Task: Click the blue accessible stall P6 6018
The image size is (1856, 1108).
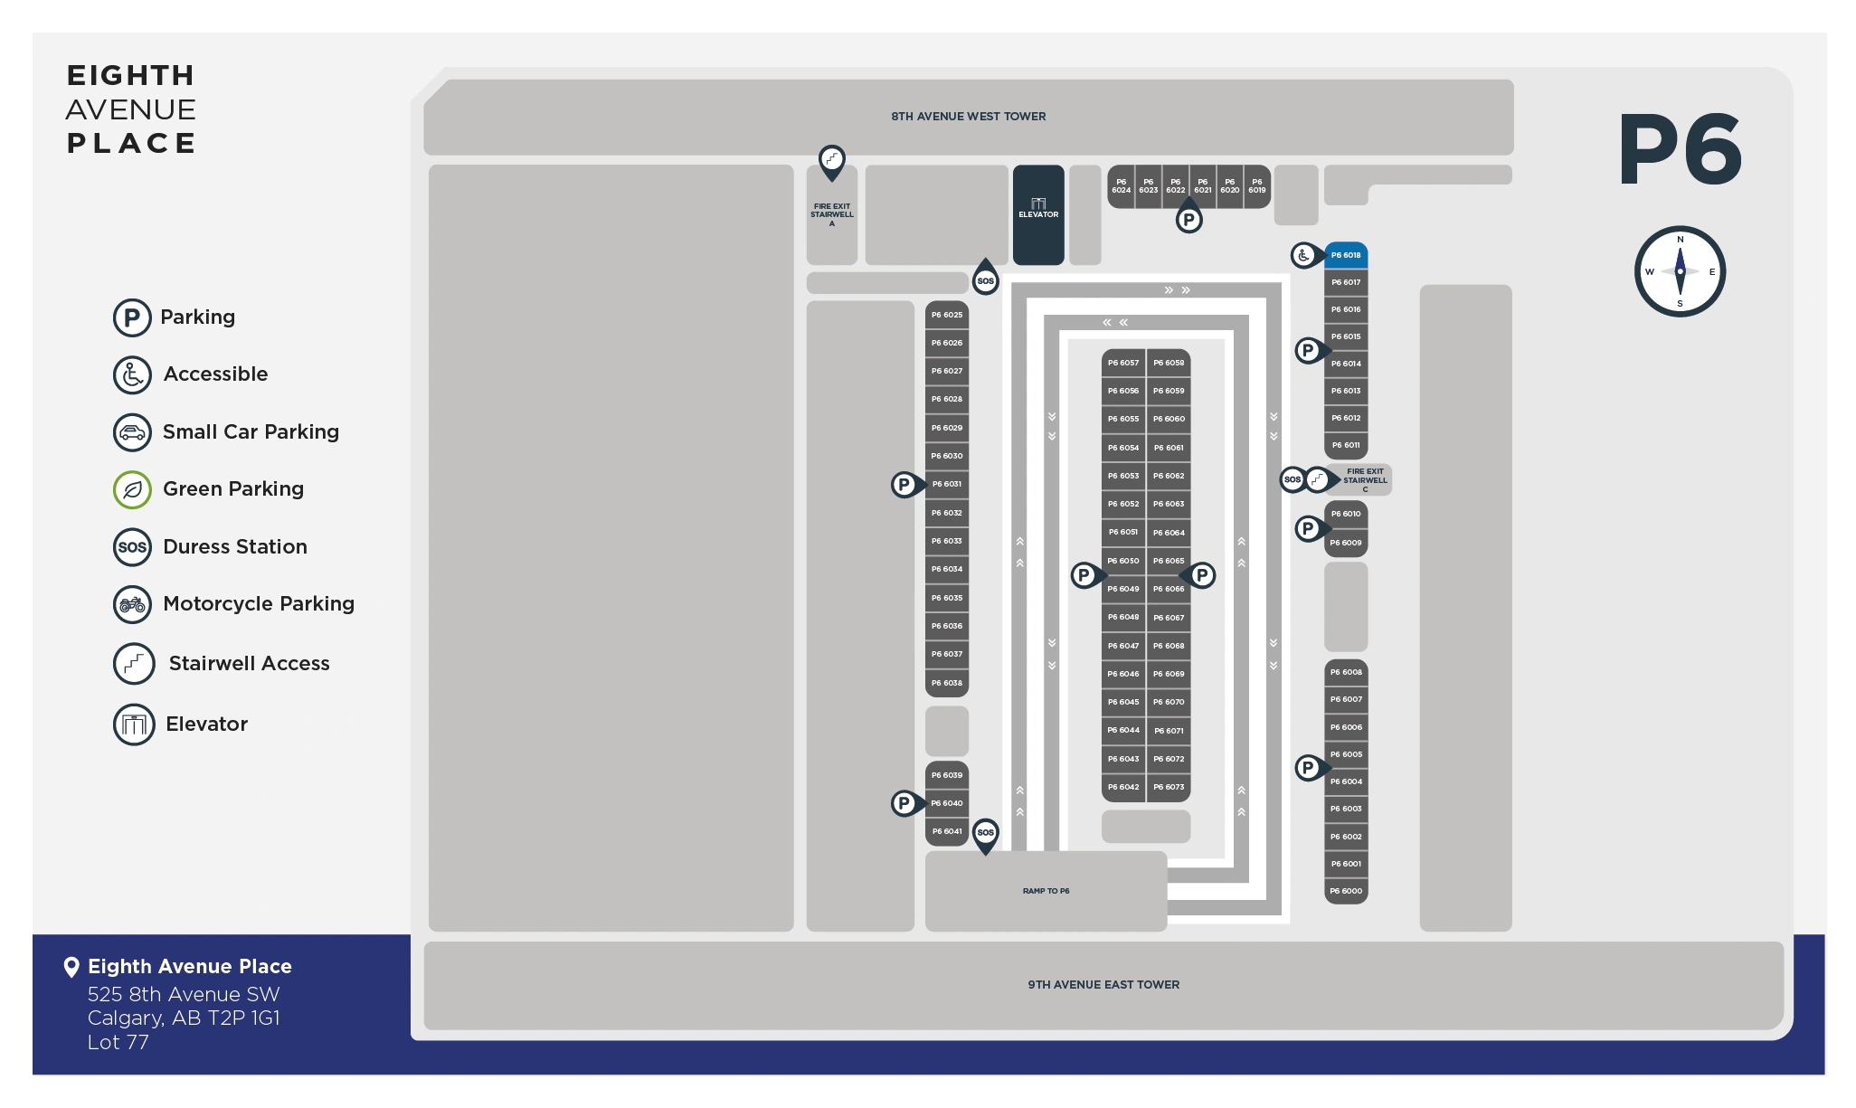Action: pyautogui.click(x=1345, y=255)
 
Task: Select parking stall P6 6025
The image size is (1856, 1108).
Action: pyautogui.click(x=947, y=315)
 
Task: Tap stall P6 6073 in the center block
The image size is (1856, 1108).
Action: pyautogui.click(x=1169, y=787)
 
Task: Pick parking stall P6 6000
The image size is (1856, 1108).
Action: pyautogui.click(x=1345, y=891)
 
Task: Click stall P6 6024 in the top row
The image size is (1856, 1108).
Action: pyautogui.click(x=1122, y=186)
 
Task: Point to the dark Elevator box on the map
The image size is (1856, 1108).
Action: pyautogui.click(x=1038, y=214)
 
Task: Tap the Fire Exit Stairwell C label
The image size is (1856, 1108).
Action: pyautogui.click(x=1365, y=479)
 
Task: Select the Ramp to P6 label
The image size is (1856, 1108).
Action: pyautogui.click(x=1046, y=891)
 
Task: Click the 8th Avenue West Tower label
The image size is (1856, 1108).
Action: pyautogui.click(x=968, y=117)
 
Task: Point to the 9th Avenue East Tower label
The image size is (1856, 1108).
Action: pyautogui.click(x=1103, y=985)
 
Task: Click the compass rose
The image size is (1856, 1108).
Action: pyautogui.click(x=1680, y=271)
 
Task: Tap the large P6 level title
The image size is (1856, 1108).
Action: pyautogui.click(x=1680, y=149)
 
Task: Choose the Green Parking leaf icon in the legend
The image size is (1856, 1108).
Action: pyautogui.click(x=132, y=489)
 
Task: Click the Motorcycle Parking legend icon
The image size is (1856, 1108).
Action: pyautogui.click(x=132, y=604)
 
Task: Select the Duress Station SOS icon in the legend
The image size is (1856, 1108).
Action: pyautogui.click(x=132, y=547)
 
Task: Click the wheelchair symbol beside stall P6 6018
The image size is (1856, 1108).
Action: pyautogui.click(x=1303, y=255)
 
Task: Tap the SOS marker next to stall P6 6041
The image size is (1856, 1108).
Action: pyautogui.click(x=986, y=832)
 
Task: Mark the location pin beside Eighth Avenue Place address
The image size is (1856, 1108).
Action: pyautogui.click(x=71, y=967)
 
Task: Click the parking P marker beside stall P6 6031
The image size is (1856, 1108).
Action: pyautogui.click(x=904, y=485)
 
